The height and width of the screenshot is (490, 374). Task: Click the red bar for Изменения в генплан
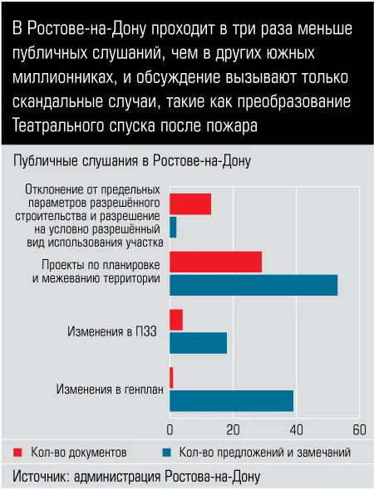tap(171, 378)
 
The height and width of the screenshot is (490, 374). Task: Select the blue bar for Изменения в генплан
tap(232, 400)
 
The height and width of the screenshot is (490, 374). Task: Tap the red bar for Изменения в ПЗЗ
tap(176, 320)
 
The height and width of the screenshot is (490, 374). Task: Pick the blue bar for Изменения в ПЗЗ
tap(199, 343)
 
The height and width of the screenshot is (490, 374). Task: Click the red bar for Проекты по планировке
tap(216, 262)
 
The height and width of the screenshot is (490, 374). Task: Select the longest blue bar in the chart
tap(253, 285)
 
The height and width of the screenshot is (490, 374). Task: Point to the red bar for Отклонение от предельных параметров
tap(190, 204)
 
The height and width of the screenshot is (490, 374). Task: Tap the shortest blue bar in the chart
tap(173, 228)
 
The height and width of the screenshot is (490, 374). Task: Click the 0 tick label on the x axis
tap(170, 430)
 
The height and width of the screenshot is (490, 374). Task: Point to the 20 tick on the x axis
tap(233, 430)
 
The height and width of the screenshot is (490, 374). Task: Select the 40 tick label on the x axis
tap(296, 430)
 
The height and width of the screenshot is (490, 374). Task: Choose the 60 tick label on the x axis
tap(359, 430)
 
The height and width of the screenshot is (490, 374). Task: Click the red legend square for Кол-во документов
tap(17, 452)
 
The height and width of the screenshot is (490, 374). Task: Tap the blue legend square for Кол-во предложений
tap(166, 452)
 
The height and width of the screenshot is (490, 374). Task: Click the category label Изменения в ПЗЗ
tap(112, 331)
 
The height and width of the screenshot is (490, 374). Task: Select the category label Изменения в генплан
tap(110, 390)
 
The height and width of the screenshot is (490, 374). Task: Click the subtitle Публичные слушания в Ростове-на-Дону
tap(132, 161)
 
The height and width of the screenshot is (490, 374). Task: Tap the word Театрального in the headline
tap(58, 125)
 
